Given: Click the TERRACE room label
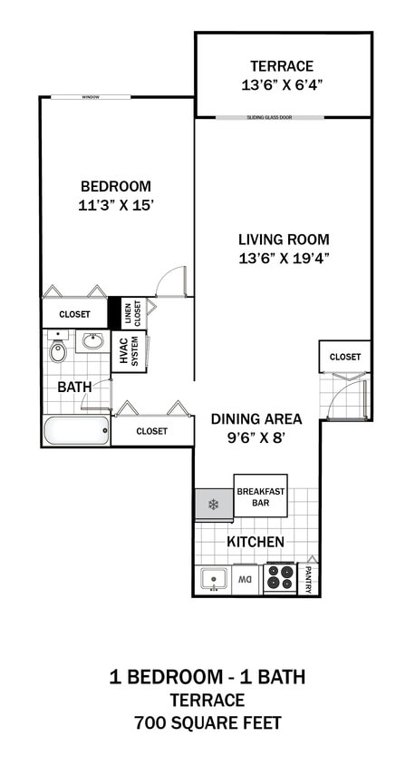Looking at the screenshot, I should click(282, 66).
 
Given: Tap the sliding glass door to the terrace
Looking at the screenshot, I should click(284, 117).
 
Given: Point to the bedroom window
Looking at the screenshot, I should click(90, 97).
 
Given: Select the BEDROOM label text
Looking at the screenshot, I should click(115, 187).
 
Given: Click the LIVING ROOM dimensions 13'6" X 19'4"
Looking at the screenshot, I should click(283, 259).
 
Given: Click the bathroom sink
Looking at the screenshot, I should click(92, 342).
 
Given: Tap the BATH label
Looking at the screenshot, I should click(74, 387).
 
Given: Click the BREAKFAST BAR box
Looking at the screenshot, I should click(261, 496).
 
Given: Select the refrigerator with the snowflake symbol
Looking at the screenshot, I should click(214, 505).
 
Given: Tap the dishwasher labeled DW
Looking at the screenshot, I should click(246, 578).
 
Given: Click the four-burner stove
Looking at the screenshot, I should click(278, 578).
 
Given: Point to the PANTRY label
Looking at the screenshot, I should click(308, 579).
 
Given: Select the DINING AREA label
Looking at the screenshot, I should click(256, 419).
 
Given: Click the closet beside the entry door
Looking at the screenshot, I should click(344, 357).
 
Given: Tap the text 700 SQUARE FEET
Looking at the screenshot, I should click(207, 723).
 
